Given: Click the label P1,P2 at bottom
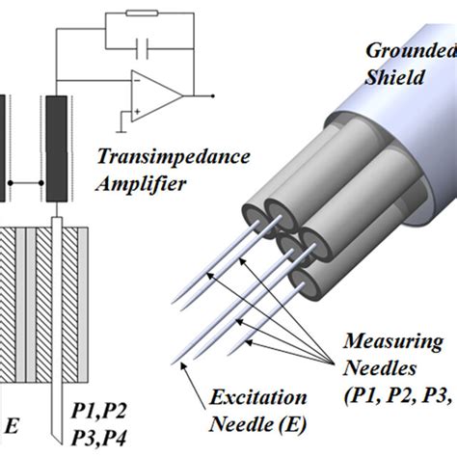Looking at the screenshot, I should coord(99,412).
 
